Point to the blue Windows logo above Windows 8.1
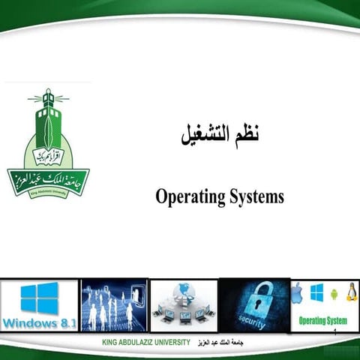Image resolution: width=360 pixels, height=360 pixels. tap(39, 298)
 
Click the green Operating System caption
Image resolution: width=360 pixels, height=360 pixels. tap(322, 320)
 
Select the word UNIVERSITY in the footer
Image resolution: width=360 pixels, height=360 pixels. tap(169, 343)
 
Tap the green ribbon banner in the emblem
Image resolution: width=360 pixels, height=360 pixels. tap(48, 181)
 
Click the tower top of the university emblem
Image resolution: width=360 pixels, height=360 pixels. tap(48, 97)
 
